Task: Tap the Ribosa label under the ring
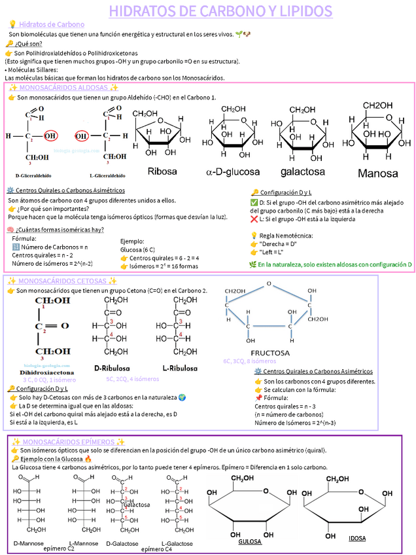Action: (x=162, y=172)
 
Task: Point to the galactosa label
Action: (x=302, y=172)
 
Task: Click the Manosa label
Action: (x=377, y=173)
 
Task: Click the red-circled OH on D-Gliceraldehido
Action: (x=50, y=136)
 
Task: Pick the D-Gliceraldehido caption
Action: (x=35, y=175)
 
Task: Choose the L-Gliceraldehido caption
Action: (x=107, y=175)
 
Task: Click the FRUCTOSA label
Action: (x=270, y=352)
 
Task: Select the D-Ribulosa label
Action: (x=112, y=368)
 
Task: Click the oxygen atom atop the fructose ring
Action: (x=268, y=283)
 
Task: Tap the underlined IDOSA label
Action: (x=357, y=539)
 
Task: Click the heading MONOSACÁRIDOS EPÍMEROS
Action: (x=66, y=442)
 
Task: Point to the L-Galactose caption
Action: (x=177, y=543)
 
